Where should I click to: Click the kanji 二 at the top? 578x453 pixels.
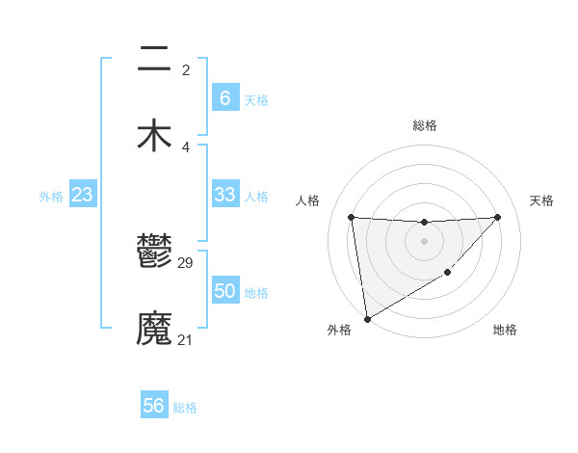pos(154,60)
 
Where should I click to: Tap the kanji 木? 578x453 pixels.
pos(154,136)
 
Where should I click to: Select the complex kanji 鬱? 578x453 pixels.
pos(154,253)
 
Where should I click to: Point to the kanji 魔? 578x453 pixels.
pos(154,329)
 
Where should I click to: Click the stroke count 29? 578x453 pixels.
pos(187,262)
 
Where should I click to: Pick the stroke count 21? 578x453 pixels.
pos(186,339)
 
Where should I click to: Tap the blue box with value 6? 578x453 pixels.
pos(224,98)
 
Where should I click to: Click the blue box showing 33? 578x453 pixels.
pos(224,195)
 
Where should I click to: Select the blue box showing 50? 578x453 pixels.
pos(224,291)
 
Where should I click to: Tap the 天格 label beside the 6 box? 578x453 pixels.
pos(256,100)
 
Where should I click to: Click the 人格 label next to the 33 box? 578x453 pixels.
pos(256,197)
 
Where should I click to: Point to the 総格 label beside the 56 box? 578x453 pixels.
pos(185,408)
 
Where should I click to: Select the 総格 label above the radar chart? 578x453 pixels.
pos(424,125)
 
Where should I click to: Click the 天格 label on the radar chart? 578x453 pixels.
pos(541,200)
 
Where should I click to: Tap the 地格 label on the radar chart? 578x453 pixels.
pos(505,331)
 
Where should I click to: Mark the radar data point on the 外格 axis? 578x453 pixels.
pos(366,319)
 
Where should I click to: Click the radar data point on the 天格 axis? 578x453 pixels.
pos(497,217)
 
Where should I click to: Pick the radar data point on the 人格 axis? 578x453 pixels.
pos(351,217)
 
